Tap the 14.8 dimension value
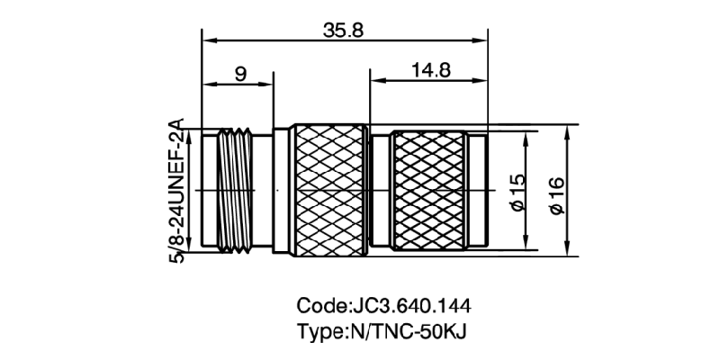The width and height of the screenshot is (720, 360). click(x=431, y=72)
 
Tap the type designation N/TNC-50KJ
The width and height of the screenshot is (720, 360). click(x=401, y=329)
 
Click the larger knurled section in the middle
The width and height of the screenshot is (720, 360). click(x=331, y=191)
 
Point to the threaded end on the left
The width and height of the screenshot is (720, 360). click(x=236, y=191)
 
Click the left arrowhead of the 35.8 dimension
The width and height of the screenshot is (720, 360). click(x=208, y=39)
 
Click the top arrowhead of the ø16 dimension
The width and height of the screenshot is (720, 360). click(x=567, y=131)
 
